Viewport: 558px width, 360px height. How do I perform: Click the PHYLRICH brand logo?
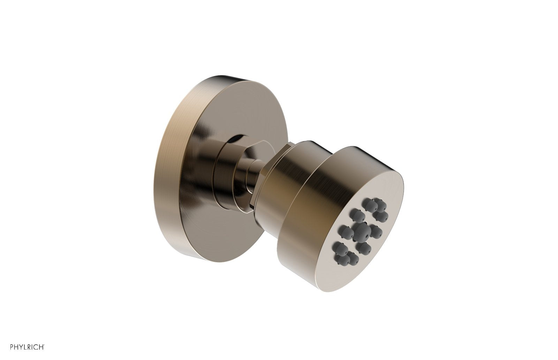coord(27,347)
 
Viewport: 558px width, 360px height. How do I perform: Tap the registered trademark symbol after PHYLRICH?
coord(44,345)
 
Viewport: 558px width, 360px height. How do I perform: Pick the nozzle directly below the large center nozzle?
coord(363,248)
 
